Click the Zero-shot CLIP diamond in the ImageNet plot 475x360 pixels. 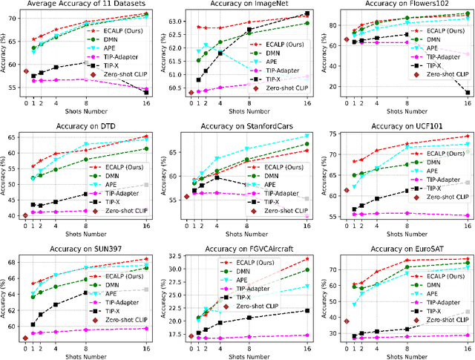tap(191, 93)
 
